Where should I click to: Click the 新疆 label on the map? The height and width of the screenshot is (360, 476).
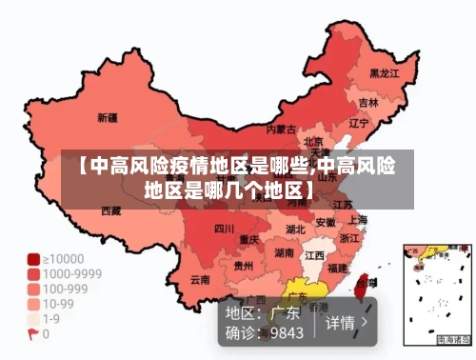click(x=108, y=118)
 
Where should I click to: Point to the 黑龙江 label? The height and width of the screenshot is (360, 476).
click(x=383, y=71)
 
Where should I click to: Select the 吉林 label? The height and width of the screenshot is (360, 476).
click(x=368, y=102)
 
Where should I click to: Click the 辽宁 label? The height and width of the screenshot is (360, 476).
click(x=358, y=123)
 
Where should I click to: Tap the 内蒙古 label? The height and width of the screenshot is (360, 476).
click(x=280, y=129)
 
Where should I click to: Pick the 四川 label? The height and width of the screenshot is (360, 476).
click(x=224, y=228)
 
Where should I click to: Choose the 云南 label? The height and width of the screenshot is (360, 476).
click(x=200, y=280)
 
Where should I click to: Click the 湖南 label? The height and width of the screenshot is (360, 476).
click(x=285, y=253)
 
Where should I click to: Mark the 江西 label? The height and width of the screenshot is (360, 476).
click(x=314, y=255)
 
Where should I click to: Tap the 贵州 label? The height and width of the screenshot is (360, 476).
click(x=244, y=266)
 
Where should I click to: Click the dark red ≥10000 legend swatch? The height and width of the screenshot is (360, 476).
click(x=32, y=258)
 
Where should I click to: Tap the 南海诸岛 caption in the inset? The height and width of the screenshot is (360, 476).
click(x=453, y=339)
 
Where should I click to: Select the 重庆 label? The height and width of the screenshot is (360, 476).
click(x=249, y=238)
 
